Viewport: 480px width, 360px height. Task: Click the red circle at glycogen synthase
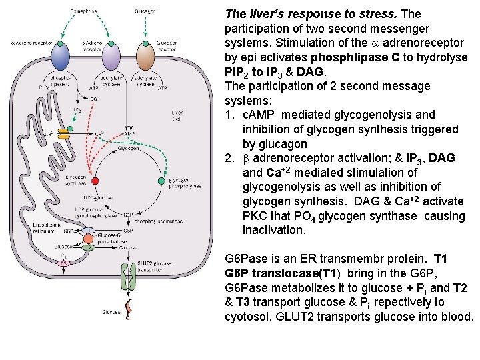click(x=95, y=181)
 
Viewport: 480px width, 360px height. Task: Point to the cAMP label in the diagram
click(x=129, y=133)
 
